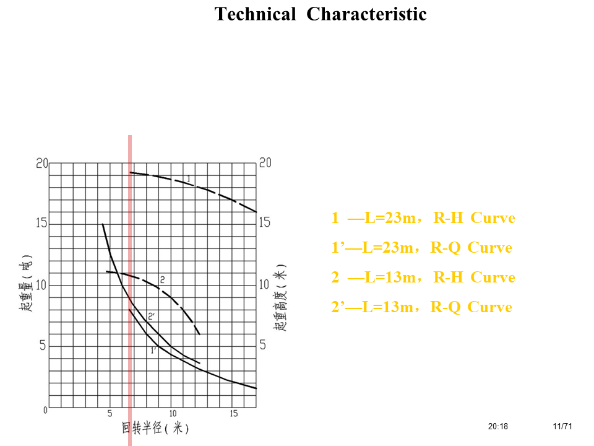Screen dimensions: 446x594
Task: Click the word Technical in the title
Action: (255, 14)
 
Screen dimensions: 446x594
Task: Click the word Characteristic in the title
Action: (366, 14)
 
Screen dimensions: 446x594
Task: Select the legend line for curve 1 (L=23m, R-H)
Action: (423, 218)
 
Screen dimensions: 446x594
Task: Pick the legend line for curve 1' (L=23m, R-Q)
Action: (421, 248)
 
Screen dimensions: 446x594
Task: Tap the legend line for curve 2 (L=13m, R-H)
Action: (423, 277)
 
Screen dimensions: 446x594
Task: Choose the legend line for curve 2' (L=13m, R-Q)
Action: (421, 307)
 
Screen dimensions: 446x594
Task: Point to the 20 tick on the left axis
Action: (42, 164)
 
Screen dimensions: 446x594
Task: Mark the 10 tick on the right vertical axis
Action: (264, 285)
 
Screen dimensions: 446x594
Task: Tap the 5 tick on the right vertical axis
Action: (262, 345)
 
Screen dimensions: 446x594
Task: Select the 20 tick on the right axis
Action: (265, 163)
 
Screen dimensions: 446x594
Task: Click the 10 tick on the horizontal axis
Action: (173, 414)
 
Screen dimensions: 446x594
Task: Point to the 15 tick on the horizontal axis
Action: (233, 414)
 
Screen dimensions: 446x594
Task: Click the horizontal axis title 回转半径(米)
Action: (155, 428)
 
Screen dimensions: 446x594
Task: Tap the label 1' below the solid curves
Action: (152, 351)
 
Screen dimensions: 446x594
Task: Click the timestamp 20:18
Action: (497, 426)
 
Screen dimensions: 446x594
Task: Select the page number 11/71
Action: (562, 426)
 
